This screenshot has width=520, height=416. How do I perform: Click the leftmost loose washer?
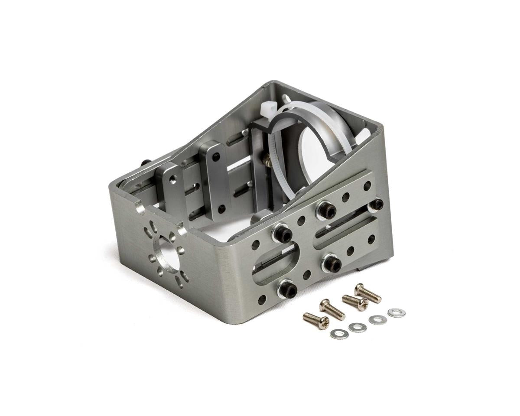338,334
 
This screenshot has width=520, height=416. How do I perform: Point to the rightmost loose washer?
396,312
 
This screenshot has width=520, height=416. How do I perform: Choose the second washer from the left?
357,327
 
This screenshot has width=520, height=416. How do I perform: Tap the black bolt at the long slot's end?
376,205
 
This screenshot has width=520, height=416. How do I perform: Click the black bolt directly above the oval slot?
282,234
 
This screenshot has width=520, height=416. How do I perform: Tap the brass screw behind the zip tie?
267,161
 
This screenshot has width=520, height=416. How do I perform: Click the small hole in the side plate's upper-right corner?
367,185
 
